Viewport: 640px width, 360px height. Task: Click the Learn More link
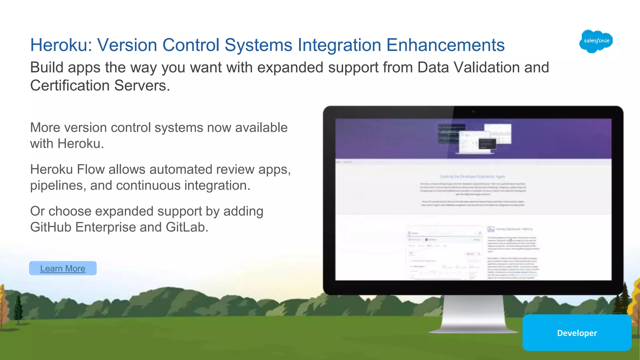pyautogui.click(x=62, y=268)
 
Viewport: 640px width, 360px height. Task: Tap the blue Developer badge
pyautogui.click(x=577, y=333)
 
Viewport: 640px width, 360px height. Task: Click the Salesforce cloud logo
pyautogui.click(x=596, y=41)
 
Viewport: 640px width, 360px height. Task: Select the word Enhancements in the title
pyautogui.click(x=445, y=45)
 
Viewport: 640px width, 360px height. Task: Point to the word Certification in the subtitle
pyautogui.click(x=70, y=85)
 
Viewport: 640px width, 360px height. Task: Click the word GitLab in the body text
pyautogui.click(x=187, y=227)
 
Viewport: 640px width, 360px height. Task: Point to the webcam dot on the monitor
pyautogui.click(x=473, y=112)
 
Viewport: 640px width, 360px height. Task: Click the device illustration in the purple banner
pyautogui.click(x=475, y=138)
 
